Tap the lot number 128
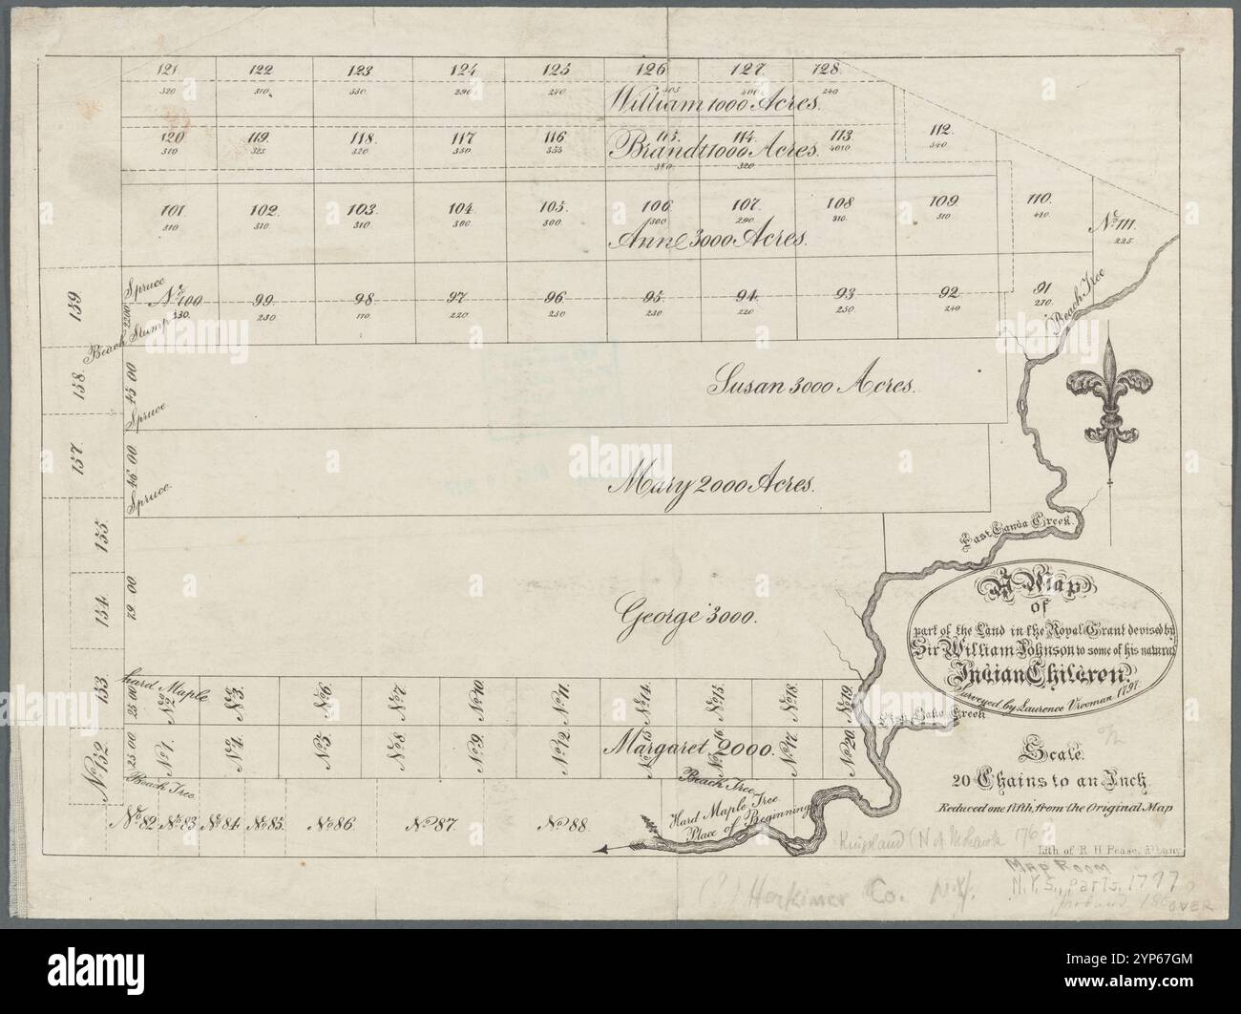pos(827,69)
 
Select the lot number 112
pos(941,130)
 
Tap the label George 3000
pos(686,611)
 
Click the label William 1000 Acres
pos(711,100)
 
